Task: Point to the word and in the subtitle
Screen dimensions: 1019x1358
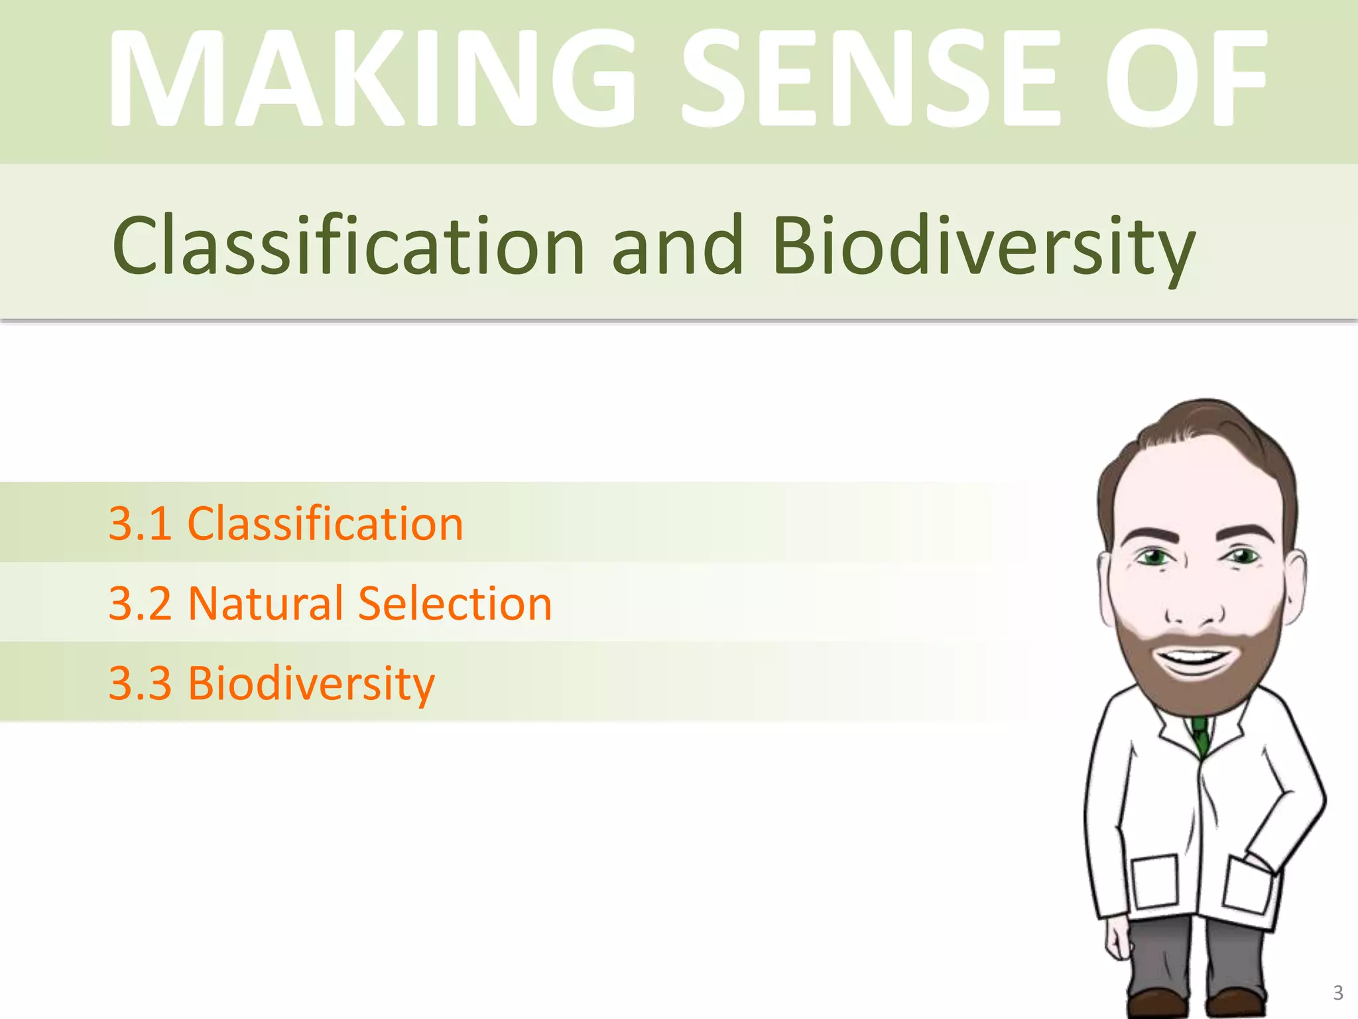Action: tap(677, 245)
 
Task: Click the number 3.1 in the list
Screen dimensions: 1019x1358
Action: tap(140, 524)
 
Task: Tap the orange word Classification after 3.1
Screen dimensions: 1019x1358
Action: tap(326, 524)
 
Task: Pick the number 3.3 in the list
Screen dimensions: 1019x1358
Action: tap(140, 683)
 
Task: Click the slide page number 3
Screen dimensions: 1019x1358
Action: tap(1337, 993)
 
